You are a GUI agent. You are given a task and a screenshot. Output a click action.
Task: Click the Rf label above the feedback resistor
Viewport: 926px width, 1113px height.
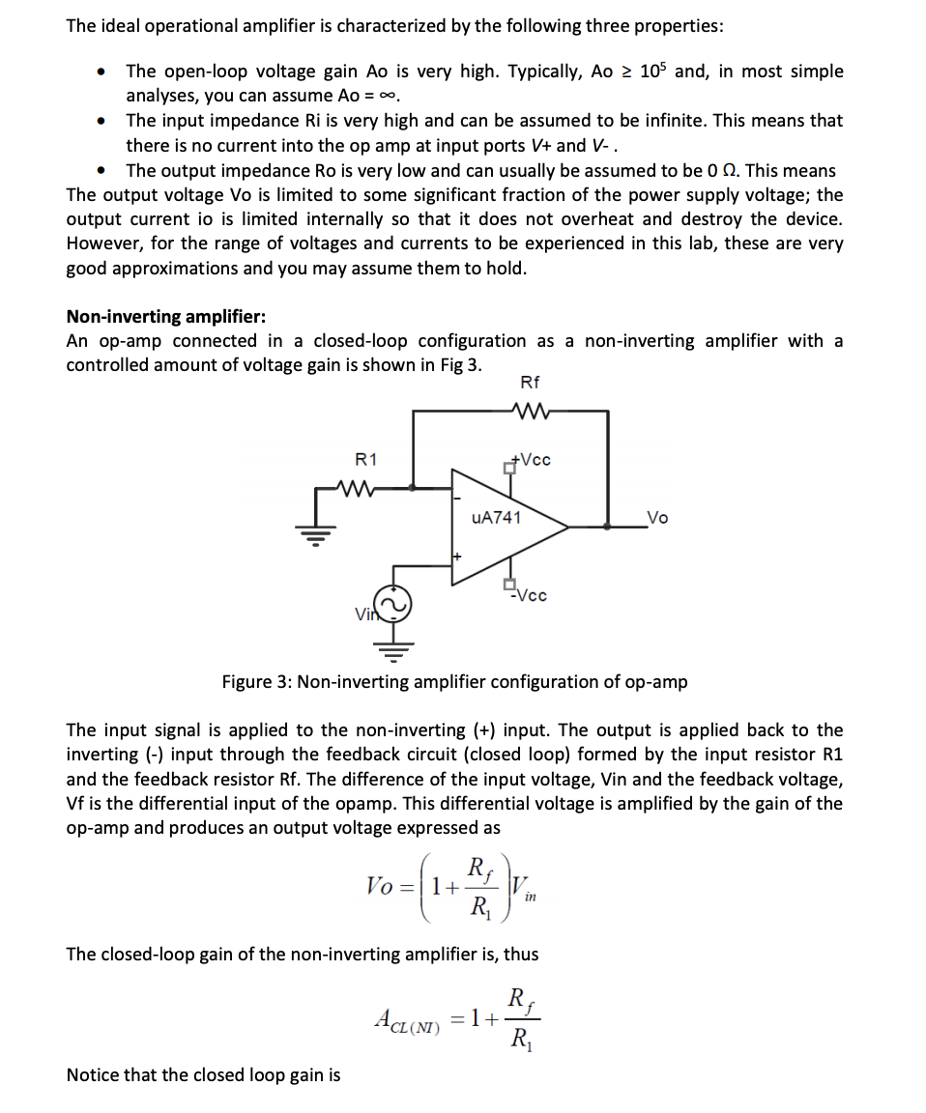coord(530,383)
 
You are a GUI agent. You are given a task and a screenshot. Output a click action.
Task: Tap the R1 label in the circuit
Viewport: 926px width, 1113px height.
coord(367,458)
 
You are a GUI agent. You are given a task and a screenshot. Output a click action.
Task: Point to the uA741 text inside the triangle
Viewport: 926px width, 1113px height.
coord(497,518)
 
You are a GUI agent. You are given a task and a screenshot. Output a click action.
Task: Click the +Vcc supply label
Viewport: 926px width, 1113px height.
coord(531,459)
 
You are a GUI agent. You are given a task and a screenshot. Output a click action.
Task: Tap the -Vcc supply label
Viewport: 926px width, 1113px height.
coord(529,595)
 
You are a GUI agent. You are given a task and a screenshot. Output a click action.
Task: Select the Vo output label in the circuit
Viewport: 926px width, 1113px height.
coord(656,518)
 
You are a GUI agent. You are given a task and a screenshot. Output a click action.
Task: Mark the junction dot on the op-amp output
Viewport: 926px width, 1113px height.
coord(607,527)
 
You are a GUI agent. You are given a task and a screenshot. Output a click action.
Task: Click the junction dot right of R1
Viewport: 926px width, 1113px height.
coord(414,488)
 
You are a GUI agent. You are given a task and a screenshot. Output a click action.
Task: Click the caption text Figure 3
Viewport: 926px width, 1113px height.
coord(255,682)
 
